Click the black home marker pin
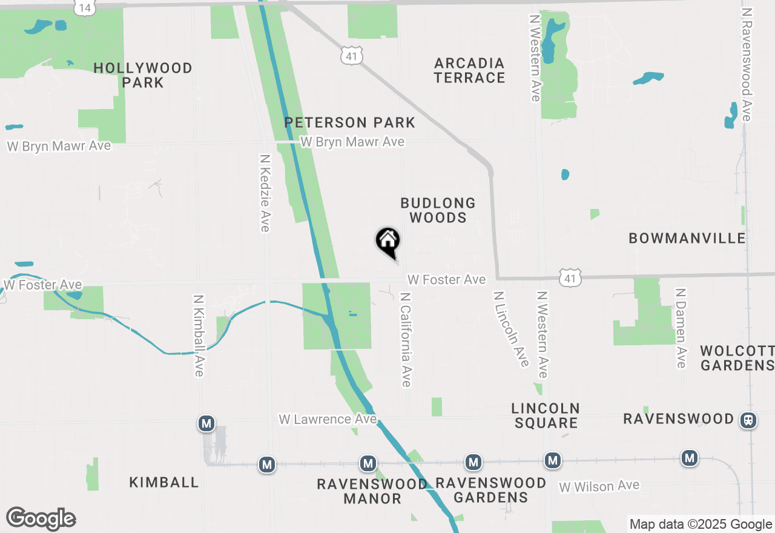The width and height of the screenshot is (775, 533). [x=387, y=241]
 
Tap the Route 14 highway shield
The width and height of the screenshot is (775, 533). [x=85, y=7]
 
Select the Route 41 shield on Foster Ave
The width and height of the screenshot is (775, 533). [x=570, y=277]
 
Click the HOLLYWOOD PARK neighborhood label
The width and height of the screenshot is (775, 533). [x=143, y=75]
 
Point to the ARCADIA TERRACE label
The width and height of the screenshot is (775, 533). [x=470, y=70]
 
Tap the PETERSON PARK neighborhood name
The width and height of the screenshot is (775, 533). [x=350, y=122]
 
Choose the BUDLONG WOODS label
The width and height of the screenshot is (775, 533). [x=438, y=210]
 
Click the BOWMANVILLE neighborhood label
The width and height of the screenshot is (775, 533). [x=687, y=238]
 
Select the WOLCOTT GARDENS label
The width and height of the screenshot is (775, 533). [x=737, y=358]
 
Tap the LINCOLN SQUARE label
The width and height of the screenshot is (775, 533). [x=546, y=415]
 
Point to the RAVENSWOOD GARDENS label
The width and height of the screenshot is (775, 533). [x=490, y=490]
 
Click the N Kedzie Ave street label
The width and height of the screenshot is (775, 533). [x=265, y=193]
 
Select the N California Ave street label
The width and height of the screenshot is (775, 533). [x=406, y=340]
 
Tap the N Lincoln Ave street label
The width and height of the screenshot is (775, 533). [x=511, y=329]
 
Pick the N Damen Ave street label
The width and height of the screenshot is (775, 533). [x=681, y=328]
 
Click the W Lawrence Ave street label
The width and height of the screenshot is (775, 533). [x=328, y=419]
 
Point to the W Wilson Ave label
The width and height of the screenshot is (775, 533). [x=599, y=486]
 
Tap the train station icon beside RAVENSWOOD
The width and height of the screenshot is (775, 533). [x=748, y=420]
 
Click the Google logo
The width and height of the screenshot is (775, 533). [x=41, y=519]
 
